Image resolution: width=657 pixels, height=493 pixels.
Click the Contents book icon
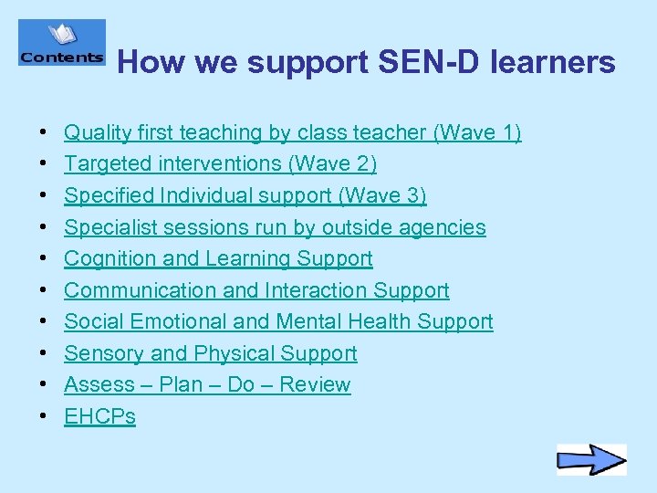point(62,43)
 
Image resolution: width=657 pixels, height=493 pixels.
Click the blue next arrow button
point(591,459)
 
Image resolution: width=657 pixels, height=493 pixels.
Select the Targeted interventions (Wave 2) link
point(220,164)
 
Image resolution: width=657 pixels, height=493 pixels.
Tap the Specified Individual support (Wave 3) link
point(245,196)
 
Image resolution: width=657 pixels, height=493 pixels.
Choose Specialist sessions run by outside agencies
point(275,227)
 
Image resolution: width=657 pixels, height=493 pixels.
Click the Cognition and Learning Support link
point(218,259)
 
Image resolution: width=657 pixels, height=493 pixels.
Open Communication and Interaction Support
point(256,290)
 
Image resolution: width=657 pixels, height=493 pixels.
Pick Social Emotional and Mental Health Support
point(278,322)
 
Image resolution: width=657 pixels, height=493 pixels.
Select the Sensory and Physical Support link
point(210,353)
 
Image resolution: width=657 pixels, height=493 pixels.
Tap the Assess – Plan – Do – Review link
point(207,385)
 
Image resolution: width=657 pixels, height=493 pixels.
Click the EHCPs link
point(99,417)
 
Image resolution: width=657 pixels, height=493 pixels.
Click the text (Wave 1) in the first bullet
point(477,133)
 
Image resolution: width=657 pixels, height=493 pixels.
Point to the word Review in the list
point(315,385)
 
